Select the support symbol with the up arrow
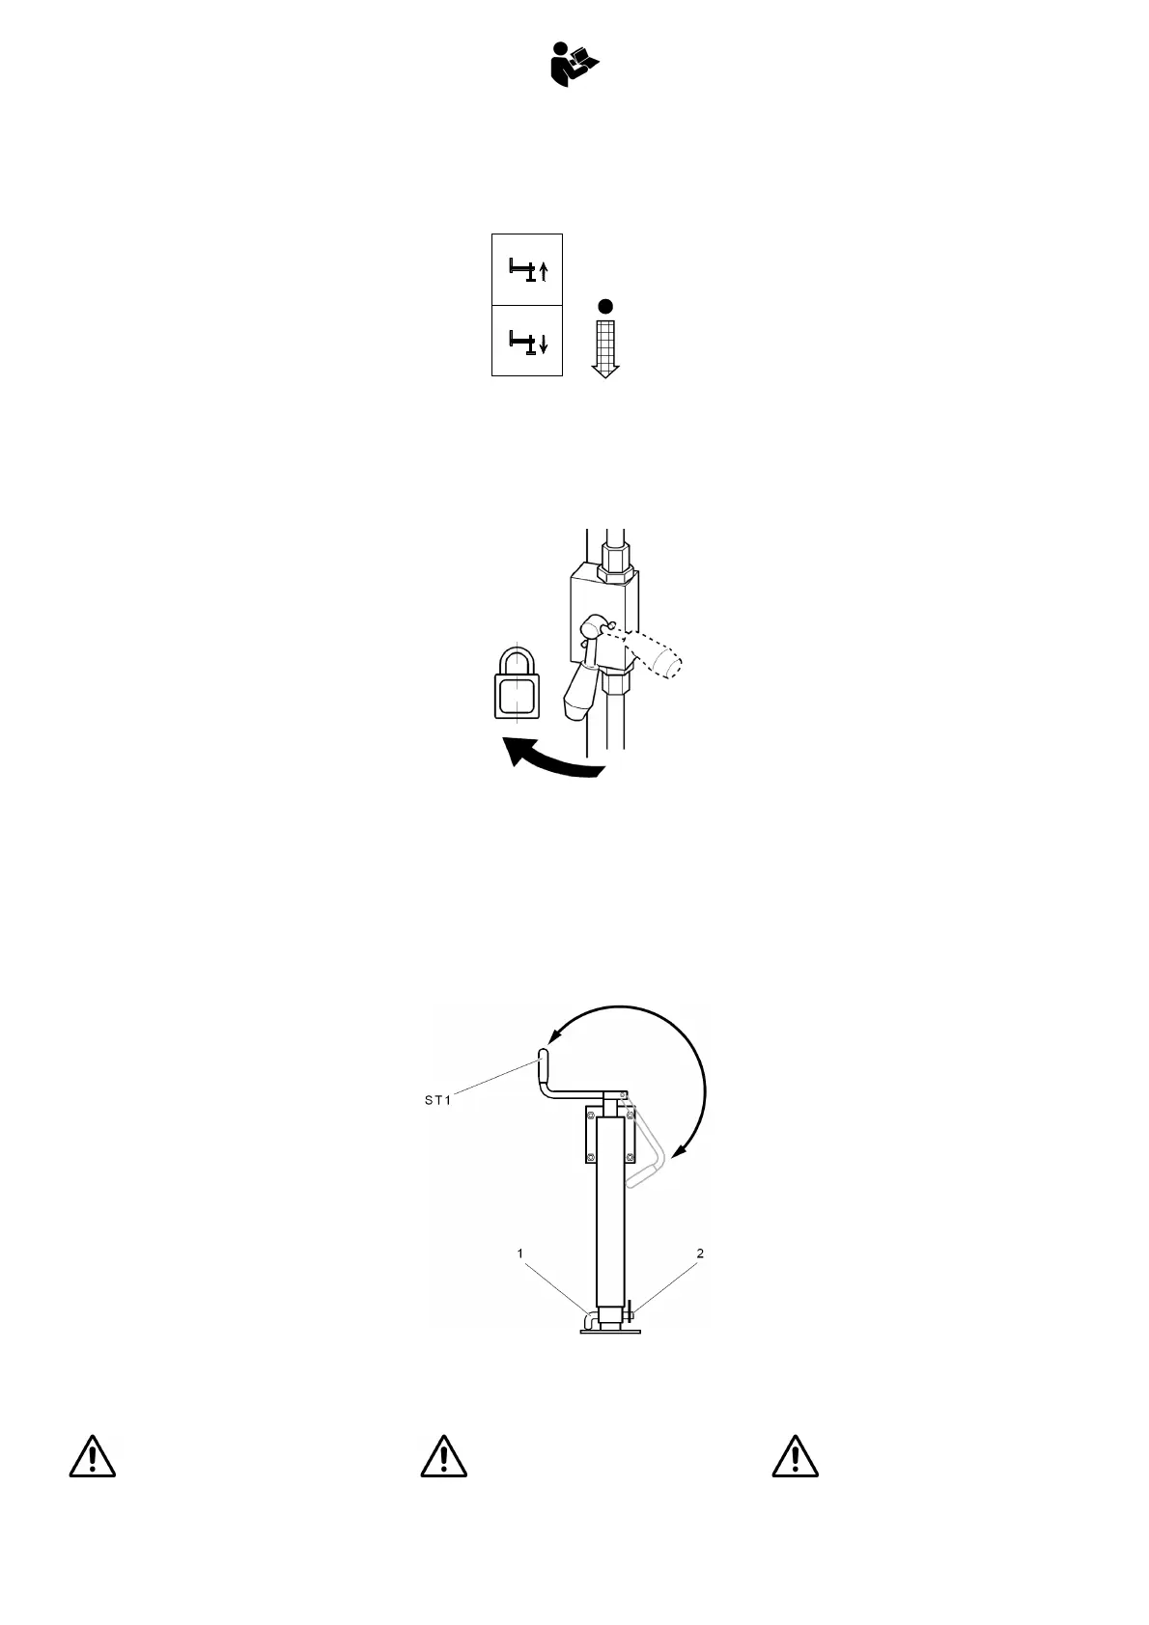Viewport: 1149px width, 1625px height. pyautogui.click(x=527, y=270)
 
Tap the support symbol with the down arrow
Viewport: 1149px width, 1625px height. pyautogui.click(x=527, y=342)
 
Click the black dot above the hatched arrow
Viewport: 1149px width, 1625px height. pyautogui.click(x=605, y=306)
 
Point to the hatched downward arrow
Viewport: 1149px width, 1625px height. pyautogui.click(x=605, y=348)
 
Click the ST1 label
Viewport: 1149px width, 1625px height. pyautogui.click(x=437, y=1100)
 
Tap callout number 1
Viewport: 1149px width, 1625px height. pyautogui.click(x=520, y=1253)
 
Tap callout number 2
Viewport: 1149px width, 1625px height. pyautogui.click(x=700, y=1253)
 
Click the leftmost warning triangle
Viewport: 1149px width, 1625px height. pyautogui.click(x=92, y=1456)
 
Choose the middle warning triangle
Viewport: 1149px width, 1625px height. pyautogui.click(x=443, y=1456)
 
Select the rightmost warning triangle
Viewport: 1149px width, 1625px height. pyautogui.click(x=795, y=1456)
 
